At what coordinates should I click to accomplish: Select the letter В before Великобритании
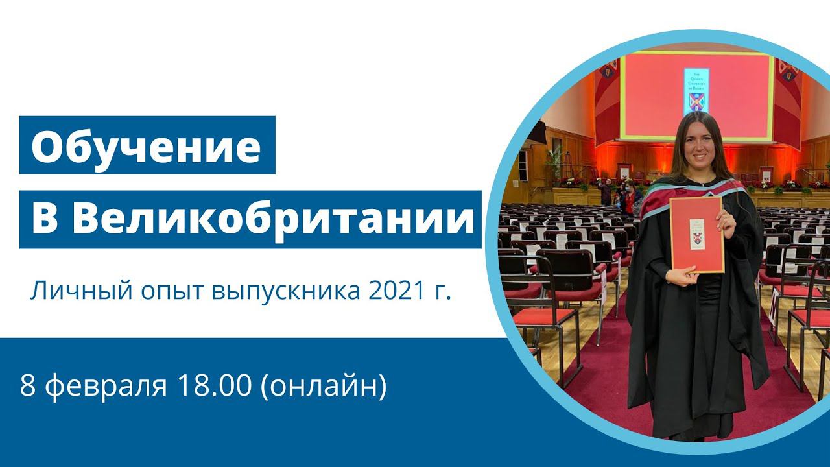tap(45, 219)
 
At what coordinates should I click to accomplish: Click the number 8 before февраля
tap(27, 386)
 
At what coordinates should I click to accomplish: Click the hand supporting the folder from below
tap(683, 275)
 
